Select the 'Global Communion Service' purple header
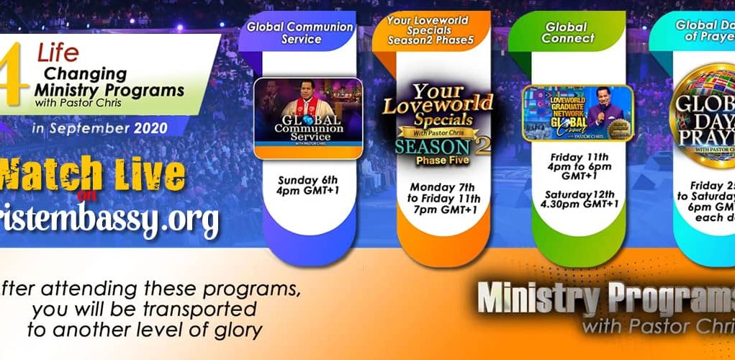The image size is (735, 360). pyautogui.click(x=299, y=32)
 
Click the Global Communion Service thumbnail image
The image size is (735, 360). pyautogui.click(x=308, y=118)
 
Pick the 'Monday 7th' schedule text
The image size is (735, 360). pyautogui.click(x=433, y=185)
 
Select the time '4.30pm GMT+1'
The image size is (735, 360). pyautogui.click(x=580, y=203)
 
